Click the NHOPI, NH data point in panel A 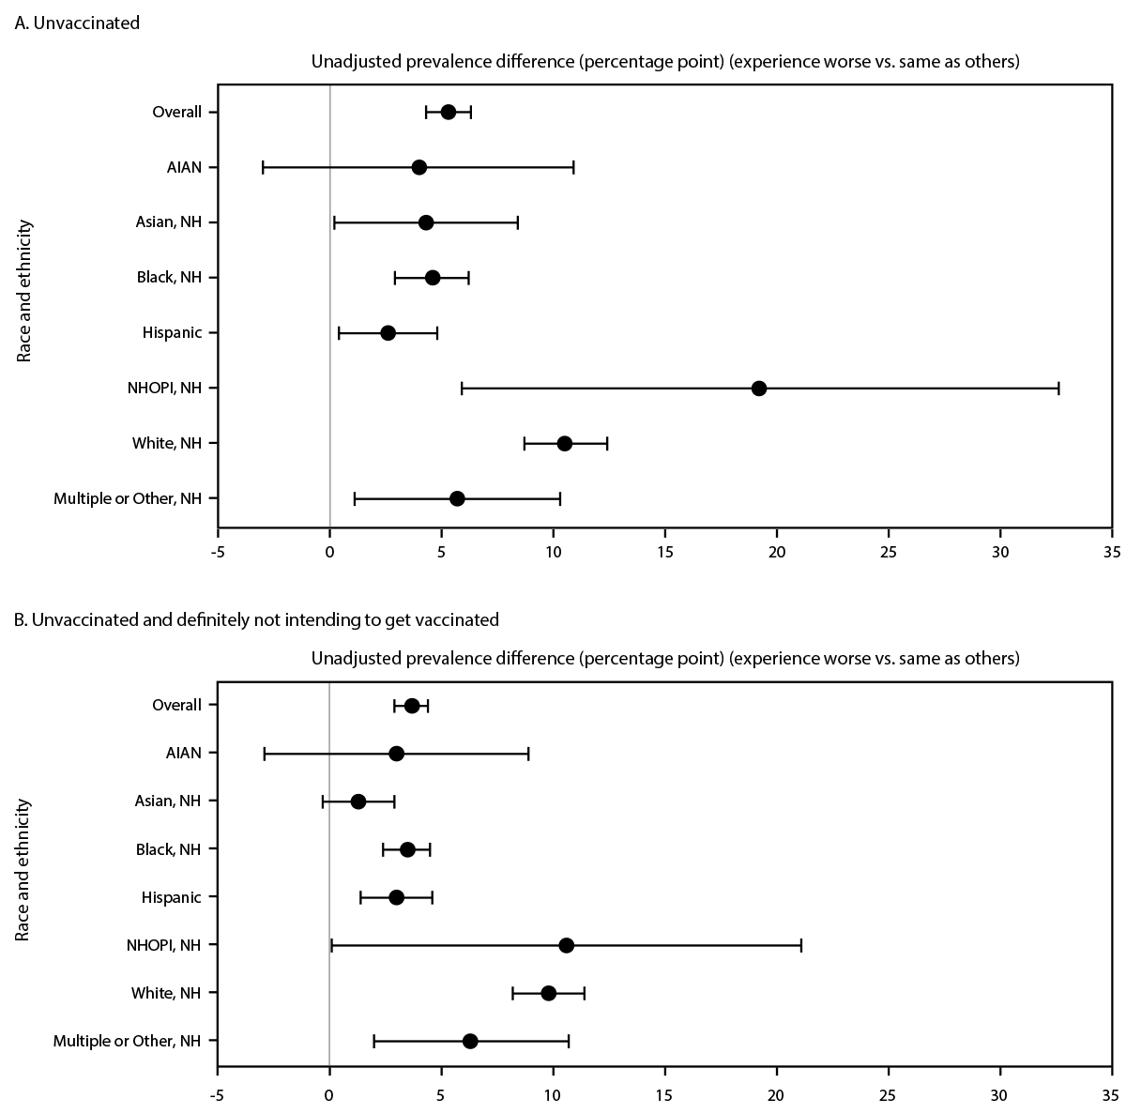pos(759,389)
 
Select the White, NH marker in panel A pos(565,444)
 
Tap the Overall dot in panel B pos(412,706)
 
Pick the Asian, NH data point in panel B pos(358,801)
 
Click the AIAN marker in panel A pos(419,167)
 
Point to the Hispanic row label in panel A pos(171,333)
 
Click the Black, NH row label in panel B pos(171,849)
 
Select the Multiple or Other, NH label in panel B pos(128,1041)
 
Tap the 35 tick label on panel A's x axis pos(1112,552)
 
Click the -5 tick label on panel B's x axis pos(218,1094)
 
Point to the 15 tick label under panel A pos(664,552)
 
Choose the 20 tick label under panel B pos(776,1094)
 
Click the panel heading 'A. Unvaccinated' pos(77,23)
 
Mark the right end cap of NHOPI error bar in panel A pos(1058,389)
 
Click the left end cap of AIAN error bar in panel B pos(265,754)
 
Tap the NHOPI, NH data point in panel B pos(567,945)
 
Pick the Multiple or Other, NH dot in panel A pos(457,498)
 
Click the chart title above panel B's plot pos(664,659)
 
